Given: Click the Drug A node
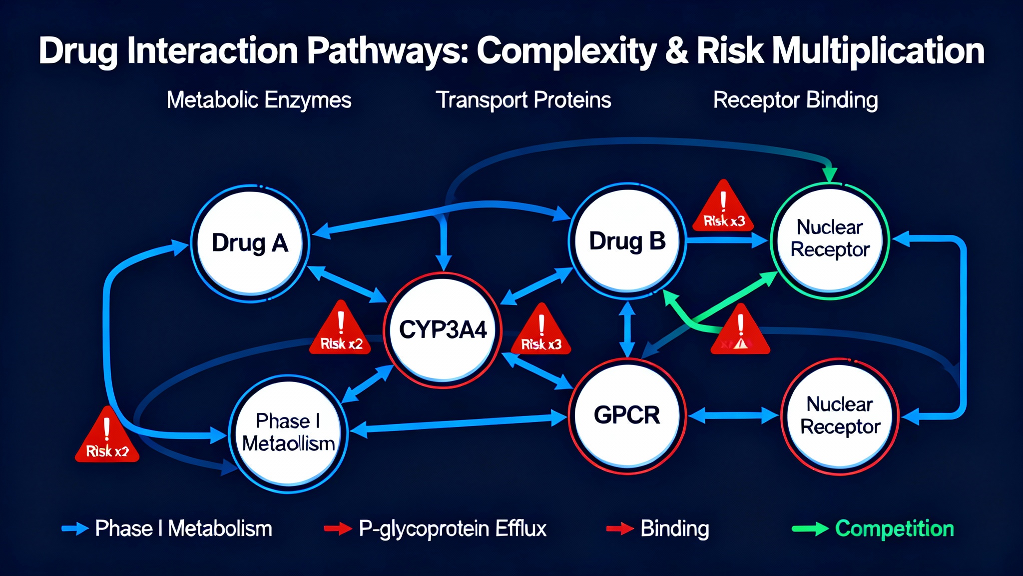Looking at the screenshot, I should point(250,243).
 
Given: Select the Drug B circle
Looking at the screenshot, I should point(627,241).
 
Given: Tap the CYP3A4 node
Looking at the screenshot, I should point(443,330).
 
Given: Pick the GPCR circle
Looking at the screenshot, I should point(627,415).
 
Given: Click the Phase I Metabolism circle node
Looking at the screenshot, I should point(288,433).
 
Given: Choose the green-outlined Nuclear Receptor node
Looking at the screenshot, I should point(830,239).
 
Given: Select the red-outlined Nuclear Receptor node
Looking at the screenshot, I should point(840,416).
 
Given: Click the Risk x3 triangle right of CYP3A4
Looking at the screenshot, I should point(541,331).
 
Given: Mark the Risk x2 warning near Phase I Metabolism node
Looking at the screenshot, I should point(107,437).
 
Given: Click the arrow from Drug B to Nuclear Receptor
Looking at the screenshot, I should point(727,241).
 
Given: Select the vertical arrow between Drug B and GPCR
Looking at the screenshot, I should point(627,329).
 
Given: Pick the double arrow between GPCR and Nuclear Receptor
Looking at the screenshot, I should point(733,415).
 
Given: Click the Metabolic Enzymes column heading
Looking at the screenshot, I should point(259,100).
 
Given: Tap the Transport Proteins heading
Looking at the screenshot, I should point(523,100).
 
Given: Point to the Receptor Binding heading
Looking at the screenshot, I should point(795,100).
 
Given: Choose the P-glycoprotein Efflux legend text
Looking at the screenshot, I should point(453,529).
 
